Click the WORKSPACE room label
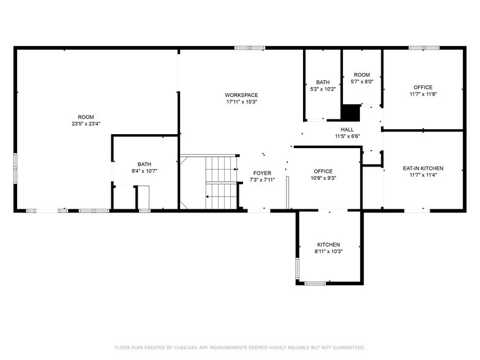coord(241,95)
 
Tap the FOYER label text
coord(263,173)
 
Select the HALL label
coord(347,130)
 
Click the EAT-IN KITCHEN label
coord(423,168)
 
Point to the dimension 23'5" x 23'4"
coord(86,124)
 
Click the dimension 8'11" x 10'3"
coord(328,252)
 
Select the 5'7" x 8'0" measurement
coord(362,81)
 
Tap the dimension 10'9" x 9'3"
coord(323,178)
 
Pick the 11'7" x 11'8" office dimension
coord(423,94)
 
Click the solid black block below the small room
coord(350,113)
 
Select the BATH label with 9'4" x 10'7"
coord(144,164)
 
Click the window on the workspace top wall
coord(250,48)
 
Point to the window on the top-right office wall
coord(424,48)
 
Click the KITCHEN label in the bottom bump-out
coord(328,245)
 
